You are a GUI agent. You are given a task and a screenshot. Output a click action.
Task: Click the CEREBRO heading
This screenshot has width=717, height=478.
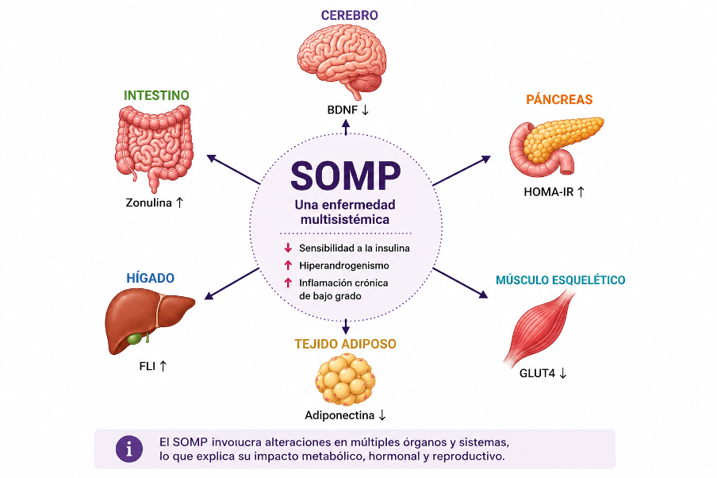tap(349, 16)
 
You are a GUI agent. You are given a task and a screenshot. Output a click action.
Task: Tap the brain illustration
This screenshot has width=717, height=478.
tap(342, 60)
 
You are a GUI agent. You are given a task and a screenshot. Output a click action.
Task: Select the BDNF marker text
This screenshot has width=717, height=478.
tap(343, 110)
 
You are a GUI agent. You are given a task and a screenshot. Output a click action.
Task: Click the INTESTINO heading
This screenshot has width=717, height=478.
tap(156, 95)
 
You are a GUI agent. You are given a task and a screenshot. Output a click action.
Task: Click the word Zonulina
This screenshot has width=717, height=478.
tap(148, 202)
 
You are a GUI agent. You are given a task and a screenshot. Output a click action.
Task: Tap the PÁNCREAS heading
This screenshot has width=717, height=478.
tap(559, 99)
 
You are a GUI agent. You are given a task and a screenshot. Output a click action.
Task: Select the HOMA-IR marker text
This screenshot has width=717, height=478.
tap(548, 192)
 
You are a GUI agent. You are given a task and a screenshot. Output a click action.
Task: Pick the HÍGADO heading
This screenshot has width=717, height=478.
tap(150, 278)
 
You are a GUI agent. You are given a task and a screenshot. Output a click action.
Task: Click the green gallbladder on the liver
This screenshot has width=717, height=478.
tap(135, 339)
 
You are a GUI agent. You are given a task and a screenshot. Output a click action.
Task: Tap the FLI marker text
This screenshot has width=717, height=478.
tap(148, 366)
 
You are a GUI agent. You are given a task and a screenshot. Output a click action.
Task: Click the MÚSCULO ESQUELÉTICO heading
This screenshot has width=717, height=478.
tap(561, 279)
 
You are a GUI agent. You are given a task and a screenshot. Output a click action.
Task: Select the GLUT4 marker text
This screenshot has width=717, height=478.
tap(537, 373)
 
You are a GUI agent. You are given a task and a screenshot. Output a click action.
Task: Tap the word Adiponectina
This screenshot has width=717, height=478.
tap(339, 415)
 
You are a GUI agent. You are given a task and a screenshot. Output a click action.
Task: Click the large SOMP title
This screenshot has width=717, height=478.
tap(346, 175)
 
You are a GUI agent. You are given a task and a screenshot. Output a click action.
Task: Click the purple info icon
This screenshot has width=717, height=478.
tap(129, 449)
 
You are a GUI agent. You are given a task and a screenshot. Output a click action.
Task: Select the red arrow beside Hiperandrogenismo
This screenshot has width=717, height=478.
tap(288, 265)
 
